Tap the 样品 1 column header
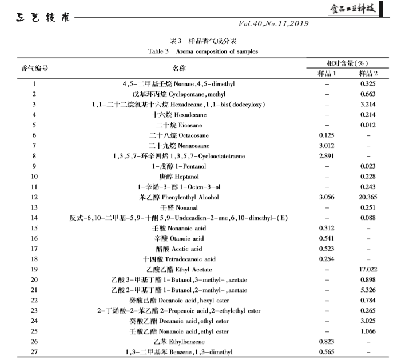point(331,74)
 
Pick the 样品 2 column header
point(368,74)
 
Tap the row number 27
point(34,352)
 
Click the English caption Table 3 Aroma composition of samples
point(203,51)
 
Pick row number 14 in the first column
point(34,218)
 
